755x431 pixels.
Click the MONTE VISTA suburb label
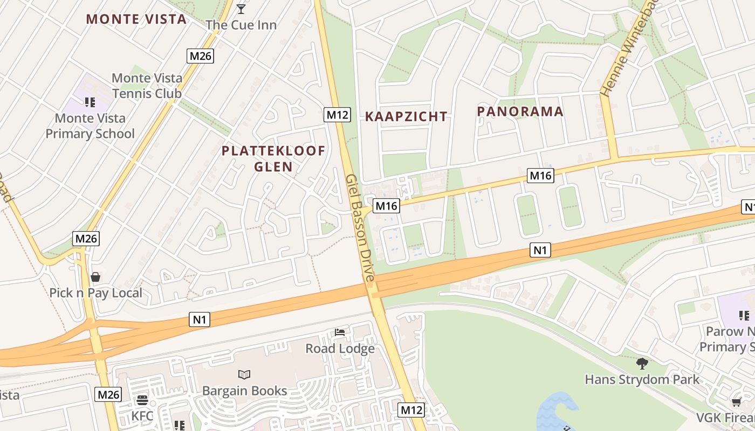(x=136, y=19)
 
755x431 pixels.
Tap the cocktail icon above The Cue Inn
(x=241, y=9)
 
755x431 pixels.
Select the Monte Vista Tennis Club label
(x=147, y=86)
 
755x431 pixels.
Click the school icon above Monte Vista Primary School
(x=90, y=102)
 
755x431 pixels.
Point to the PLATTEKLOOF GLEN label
(x=273, y=158)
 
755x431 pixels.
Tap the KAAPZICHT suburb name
(x=406, y=116)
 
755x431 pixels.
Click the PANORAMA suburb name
(x=520, y=112)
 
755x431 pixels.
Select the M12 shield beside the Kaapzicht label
(x=337, y=114)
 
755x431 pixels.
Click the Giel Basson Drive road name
(x=359, y=227)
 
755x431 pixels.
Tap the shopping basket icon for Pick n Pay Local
(x=95, y=277)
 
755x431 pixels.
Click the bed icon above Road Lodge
(x=340, y=332)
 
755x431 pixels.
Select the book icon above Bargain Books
(x=244, y=374)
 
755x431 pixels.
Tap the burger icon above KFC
(x=142, y=400)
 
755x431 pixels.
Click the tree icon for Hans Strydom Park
(x=642, y=364)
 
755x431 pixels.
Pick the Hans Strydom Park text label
(x=642, y=379)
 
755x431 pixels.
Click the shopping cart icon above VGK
(x=736, y=402)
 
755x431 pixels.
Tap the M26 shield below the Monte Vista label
(x=201, y=55)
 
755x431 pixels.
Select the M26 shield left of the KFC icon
(x=108, y=394)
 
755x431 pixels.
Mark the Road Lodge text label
(x=340, y=349)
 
